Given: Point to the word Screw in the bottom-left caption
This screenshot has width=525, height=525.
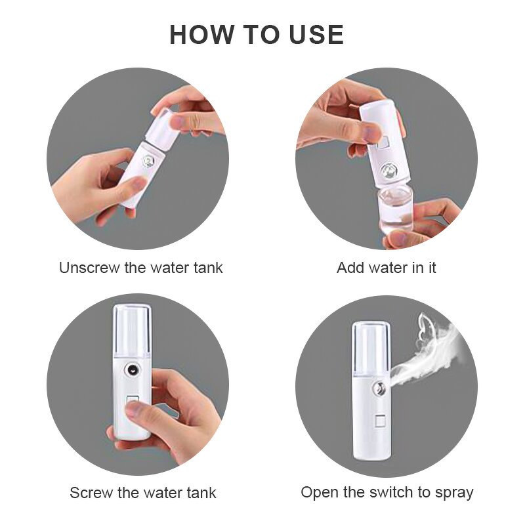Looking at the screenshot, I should [91, 493].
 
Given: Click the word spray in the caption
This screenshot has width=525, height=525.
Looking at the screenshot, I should [453, 492].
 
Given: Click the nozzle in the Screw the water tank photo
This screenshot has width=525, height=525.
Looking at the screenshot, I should [134, 370].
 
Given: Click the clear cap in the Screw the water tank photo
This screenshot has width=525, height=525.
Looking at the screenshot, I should [132, 328].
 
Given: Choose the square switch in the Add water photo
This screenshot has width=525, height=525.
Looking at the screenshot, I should [383, 141].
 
